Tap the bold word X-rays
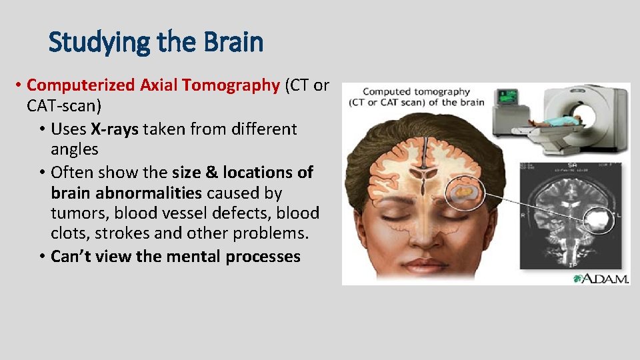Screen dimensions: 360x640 click(x=114, y=129)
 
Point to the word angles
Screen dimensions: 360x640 click(x=74, y=150)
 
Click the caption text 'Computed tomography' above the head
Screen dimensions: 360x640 click(x=416, y=91)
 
